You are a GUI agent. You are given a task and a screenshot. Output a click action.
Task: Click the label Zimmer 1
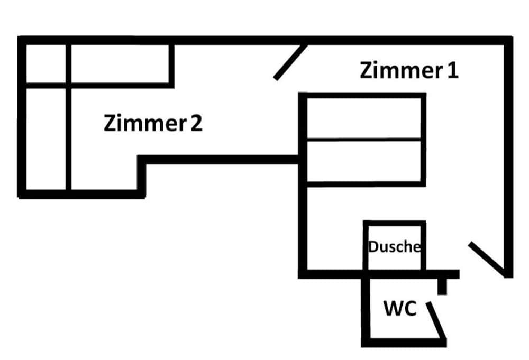tap(408, 70)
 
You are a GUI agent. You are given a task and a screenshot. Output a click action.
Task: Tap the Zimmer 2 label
tap(153, 123)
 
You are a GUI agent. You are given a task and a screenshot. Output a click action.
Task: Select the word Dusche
tap(395, 246)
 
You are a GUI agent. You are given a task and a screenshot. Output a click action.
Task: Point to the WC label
tap(400, 308)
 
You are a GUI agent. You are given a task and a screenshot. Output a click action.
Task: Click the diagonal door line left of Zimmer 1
tap(290, 62)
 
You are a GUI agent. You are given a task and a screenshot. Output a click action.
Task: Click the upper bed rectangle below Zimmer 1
tap(365, 117)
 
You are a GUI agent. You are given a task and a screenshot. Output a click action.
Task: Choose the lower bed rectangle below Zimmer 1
tap(365, 161)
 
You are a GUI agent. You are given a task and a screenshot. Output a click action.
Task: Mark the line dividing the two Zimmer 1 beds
tap(365, 139)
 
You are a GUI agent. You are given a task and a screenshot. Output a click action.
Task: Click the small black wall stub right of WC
tap(442, 286)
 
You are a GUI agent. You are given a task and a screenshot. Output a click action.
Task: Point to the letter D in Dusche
tap(373, 246)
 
